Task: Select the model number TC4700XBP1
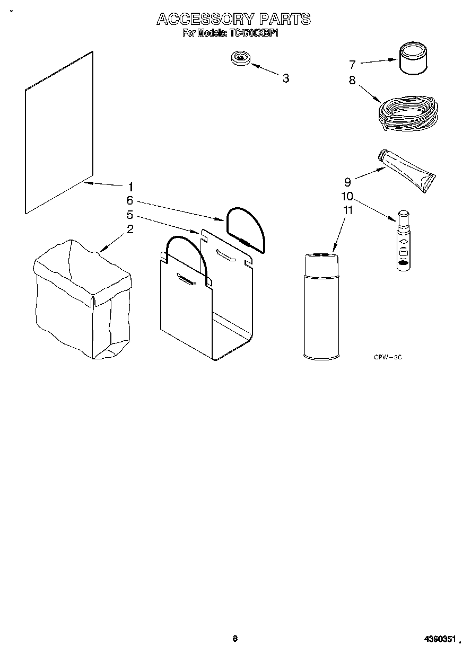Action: pos(254,33)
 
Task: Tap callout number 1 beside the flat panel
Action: pos(130,187)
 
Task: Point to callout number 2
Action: pos(130,229)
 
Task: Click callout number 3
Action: pos(286,78)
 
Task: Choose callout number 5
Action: pos(129,215)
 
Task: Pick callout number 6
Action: pos(129,201)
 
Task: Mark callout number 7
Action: pos(352,65)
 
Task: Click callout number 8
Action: pos(352,81)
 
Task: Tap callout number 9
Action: pos(347,182)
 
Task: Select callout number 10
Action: pos(347,196)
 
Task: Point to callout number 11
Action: pos(347,210)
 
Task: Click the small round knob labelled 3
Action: pos(241,59)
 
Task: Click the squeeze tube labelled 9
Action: pos(407,170)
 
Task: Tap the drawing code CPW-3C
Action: pos(388,358)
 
